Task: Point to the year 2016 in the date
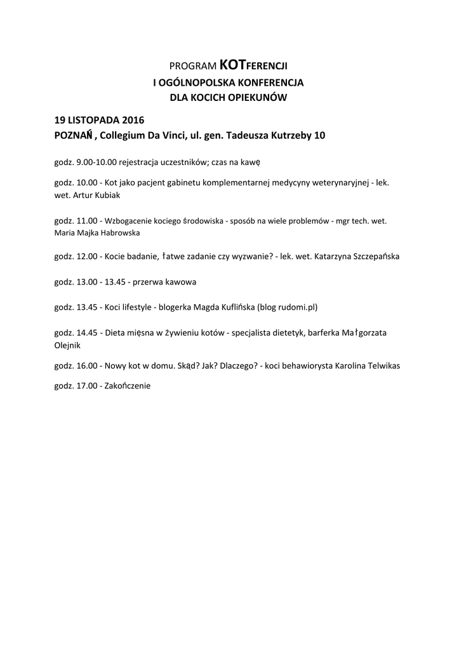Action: [x=133, y=119]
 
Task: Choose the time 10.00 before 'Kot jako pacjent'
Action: [x=86, y=183]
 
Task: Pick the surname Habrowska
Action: [x=124, y=232]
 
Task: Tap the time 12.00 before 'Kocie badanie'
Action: [x=86, y=256]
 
